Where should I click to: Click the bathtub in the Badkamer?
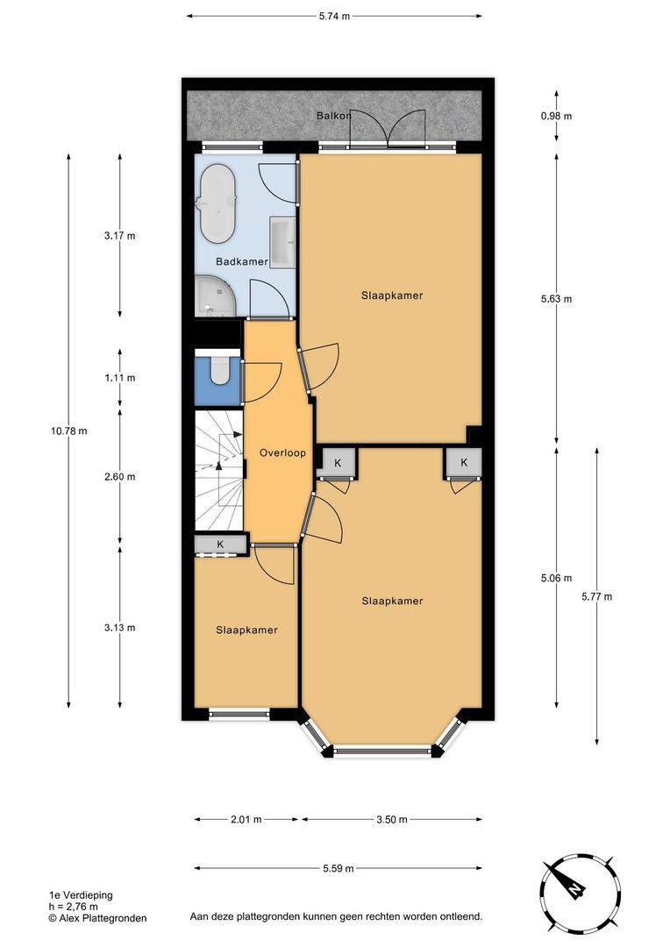(x=217, y=204)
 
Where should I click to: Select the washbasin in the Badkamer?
(x=282, y=242)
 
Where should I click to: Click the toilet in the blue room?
(x=218, y=373)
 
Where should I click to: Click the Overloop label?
(x=282, y=453)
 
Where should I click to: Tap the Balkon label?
(x=334, y=116)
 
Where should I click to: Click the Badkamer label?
(x=242, y=261)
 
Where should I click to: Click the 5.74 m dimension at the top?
(x=334, y=16)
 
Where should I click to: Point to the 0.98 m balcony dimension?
(x=556, y=116)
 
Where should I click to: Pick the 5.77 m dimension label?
(x=596, y=596)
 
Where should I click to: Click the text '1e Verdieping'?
(x=81, y=895)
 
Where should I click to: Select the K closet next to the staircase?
(x=220, y=545)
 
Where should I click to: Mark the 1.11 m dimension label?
(x=120, y=378)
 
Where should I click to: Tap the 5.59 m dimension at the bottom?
(x=337, y=869)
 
